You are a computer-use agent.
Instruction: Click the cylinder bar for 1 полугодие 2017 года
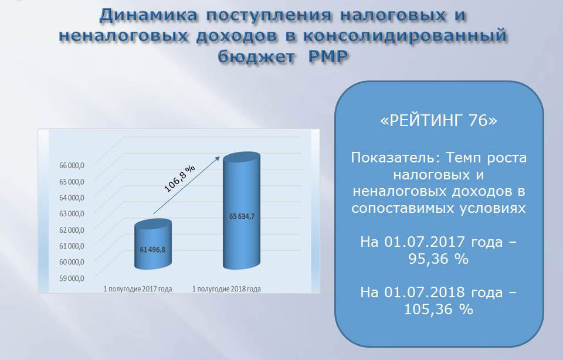(153, 244)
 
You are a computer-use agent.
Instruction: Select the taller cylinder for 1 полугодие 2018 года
(241, 210)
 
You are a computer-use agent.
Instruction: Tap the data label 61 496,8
(152, 249)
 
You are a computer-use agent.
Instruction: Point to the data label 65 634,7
(242, 216)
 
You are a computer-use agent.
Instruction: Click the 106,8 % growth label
(179, 178)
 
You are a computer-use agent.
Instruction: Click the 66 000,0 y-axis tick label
(72, 165)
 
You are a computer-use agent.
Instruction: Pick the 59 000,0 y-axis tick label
(72, 278)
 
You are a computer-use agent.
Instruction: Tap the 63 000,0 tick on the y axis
(72, 213)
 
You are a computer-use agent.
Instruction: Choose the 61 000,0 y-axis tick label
(72, 246)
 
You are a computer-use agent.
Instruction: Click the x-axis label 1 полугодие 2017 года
(138, 289)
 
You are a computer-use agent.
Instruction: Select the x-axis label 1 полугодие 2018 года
(226, 289)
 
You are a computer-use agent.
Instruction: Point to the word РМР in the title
(328, 56)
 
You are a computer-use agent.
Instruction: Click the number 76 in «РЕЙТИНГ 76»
(478, 120)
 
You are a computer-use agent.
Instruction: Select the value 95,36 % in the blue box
(439, 259)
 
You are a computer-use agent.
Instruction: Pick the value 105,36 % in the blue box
(439, 309)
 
